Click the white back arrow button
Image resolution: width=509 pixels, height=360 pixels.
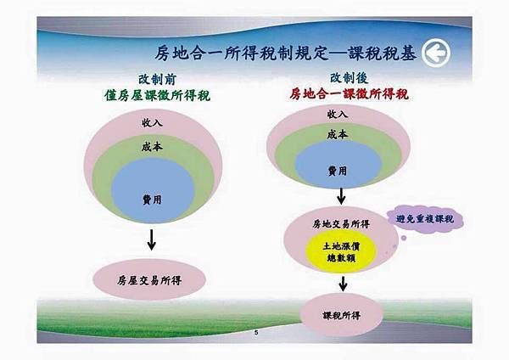tap(436, 53)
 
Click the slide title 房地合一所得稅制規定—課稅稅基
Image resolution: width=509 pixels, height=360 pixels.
tap(285, 53)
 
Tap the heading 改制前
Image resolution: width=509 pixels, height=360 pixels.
tap(157, 79)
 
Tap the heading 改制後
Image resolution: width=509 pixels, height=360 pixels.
tap(349, 78)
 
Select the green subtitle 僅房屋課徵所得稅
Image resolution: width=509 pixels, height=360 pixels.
tap(158, 96)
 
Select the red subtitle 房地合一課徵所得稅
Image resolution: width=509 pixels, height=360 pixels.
tap(349, 94)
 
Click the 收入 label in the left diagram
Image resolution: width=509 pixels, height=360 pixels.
tap(152, 122)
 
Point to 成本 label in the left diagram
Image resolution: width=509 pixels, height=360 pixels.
tap(152, 147)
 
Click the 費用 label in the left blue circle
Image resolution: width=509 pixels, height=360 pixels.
tap(152, 200)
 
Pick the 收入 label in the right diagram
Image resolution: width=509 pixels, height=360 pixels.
tap(338, 114)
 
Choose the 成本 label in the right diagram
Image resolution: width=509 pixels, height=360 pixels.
tap(338, 134)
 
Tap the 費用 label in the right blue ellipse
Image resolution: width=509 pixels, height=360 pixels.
tap(338, 171)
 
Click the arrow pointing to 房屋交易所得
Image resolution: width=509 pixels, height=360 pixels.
tap(151, 239)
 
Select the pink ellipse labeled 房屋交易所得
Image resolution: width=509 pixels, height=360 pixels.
tap(149, 279)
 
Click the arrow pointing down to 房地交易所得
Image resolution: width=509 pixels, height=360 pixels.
tap(341, 196)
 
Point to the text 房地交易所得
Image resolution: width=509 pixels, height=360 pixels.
tap(341, 224)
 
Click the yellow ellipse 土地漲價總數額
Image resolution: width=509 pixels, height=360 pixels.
tap(341, 252)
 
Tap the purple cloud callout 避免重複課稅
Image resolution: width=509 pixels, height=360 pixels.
tap(425, 219)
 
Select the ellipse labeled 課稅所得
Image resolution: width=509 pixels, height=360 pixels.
tap(342, 315)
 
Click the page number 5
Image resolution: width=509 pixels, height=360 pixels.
tap(256, 332)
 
